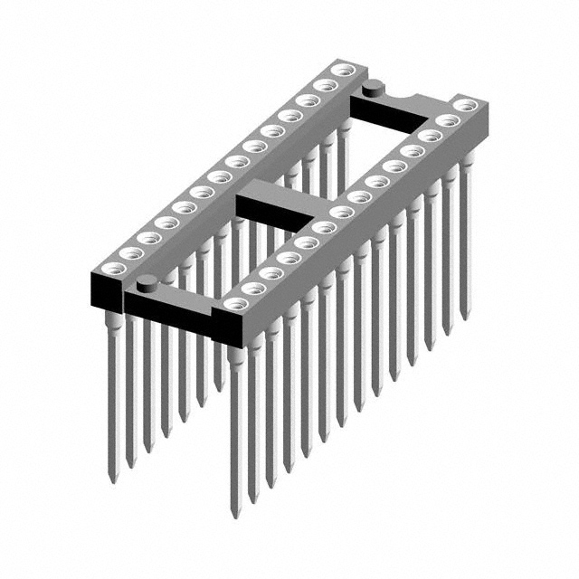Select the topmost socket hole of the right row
click(x=464, y=106)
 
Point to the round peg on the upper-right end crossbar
click(x=371, y=89)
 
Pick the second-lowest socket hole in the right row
click(x=252, y=289)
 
